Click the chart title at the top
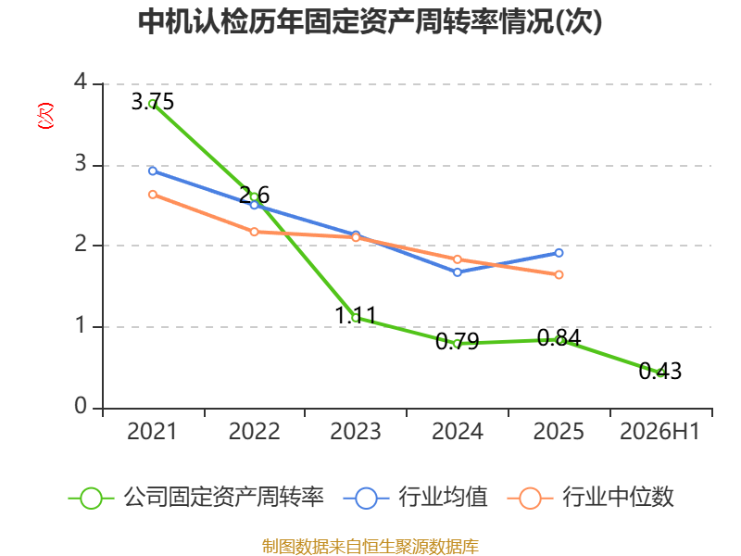coord(370,21)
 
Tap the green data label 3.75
coord(152,102)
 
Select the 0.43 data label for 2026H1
coord(660,372)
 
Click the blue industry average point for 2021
coord(153,171)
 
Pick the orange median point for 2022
coord(254,232)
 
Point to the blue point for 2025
coord(559,253)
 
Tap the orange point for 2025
coord(559,274)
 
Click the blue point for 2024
coord(457,272)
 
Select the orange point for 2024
coord(457,259)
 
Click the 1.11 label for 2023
coord(356,315)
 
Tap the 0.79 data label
coord(457,341)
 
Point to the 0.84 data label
coord(559,337)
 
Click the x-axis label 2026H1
coord(659,432)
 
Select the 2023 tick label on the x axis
coord(356,432)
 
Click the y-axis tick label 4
coord(81,82)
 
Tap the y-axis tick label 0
coord(81,406)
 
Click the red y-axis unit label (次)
coord(45,116)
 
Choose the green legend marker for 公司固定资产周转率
coord(91,499)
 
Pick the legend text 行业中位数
coord(618,497)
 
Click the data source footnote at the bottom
coord(370,547)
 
